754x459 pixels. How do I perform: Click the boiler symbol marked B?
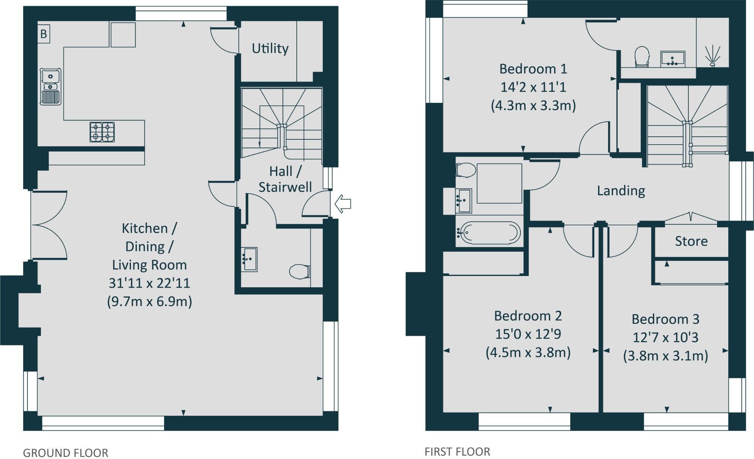click(44, 34)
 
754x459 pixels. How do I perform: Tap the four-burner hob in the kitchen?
click(102, 132)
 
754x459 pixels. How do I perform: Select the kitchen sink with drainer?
click(51, 86)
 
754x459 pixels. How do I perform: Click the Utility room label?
click(270, 48)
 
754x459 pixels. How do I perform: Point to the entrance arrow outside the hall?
click(343, 204)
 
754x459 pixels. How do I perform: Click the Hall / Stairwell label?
click(285, 179)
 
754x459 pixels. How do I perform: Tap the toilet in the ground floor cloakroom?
click(300, 271)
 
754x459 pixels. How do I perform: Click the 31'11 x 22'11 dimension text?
click(149, 283)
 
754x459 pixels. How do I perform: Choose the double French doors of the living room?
click(49, 225)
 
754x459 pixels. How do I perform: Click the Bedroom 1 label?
click(533, 69)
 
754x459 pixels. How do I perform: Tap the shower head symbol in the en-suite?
click(712, 56)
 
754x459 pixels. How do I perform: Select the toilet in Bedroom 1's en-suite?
click(642, 57)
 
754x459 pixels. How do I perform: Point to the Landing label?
click(621, 191)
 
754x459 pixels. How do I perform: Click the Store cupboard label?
click(691, 241)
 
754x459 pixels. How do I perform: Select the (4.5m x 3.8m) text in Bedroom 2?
click(528, 352)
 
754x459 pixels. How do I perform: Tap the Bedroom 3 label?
click(665, 319)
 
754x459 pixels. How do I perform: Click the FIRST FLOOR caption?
click(457, 452)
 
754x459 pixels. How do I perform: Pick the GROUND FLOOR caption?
click(66, 453)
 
